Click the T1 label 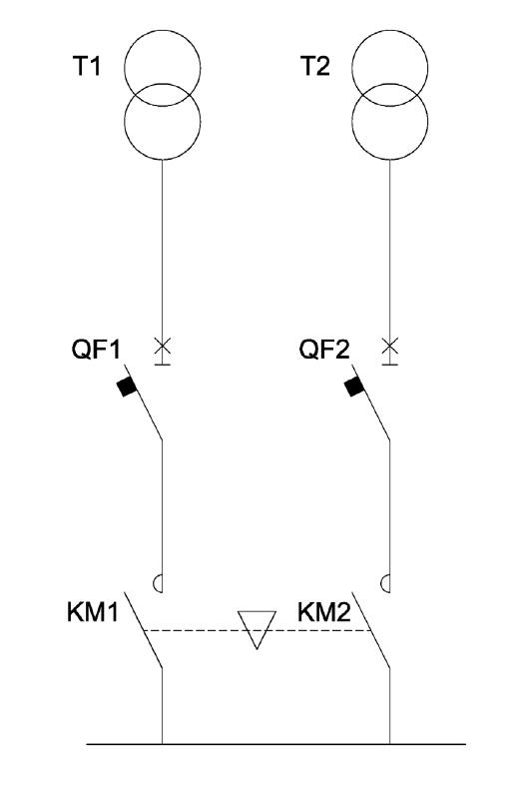(x=87, y=66)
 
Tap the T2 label (x=315, y=66)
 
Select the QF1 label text (x=96, y=349)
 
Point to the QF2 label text (x=324, y=349)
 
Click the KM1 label (x=93, y=612)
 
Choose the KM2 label (x=324, y=612)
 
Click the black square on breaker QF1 (x=127, y=387)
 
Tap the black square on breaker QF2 (x=354, y=387)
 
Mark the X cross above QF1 (x=162, y=346)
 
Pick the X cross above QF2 (x=390, y=346)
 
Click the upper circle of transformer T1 (x=162, y=30)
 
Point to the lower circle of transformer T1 (x=162, y=160)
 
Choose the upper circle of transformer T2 (x=390, y=30)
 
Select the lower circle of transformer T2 (x=390, y=160)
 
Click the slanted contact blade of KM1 (x=143, y=630)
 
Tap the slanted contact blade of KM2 (x=371, y=630)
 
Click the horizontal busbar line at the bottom (x=275, y=744)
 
